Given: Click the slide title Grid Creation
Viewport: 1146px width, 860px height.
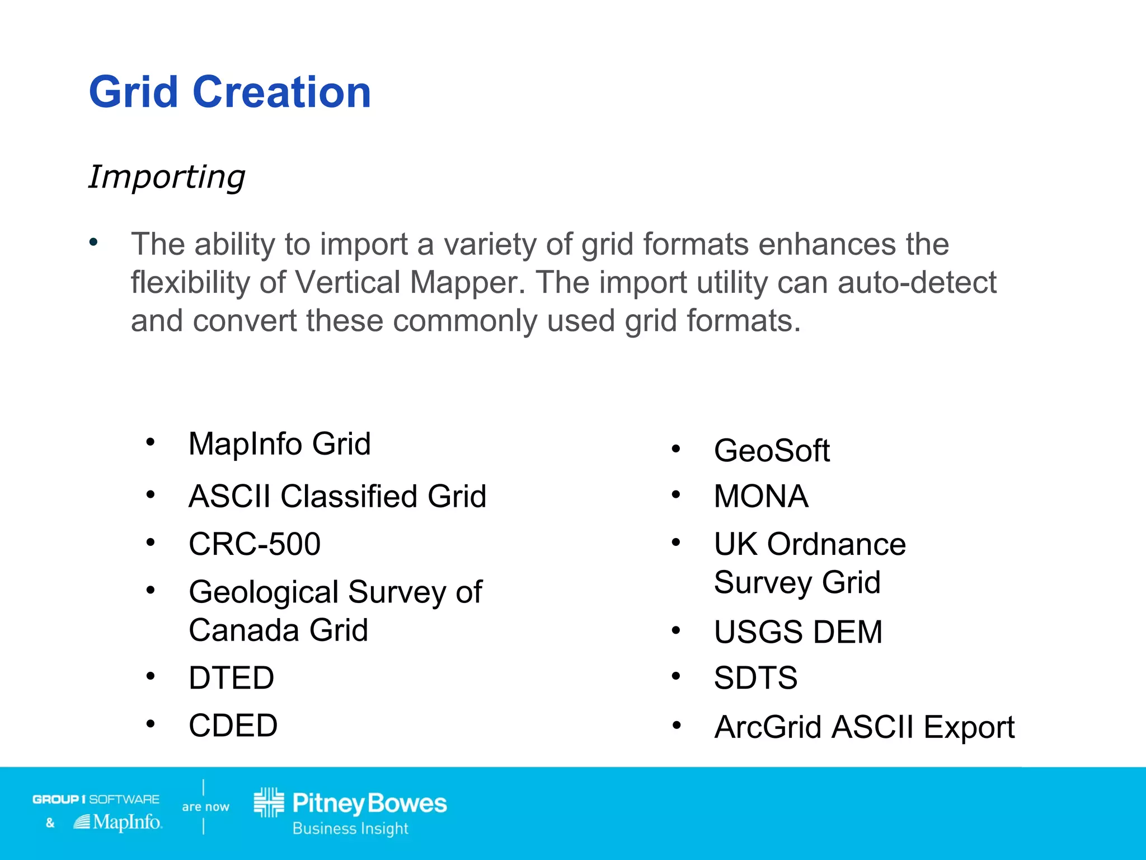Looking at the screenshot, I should [x=229, y=92].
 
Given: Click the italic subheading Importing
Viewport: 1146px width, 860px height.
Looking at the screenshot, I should [x=167, y=177].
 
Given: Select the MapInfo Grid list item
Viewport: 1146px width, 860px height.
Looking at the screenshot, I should [x=279, y=444].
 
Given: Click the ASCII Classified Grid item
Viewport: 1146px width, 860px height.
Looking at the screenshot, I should [x=337, y=497].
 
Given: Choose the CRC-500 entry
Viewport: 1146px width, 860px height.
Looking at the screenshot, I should [x=255, y=544].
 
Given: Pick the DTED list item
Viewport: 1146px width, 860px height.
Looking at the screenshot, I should [x=231, y=678].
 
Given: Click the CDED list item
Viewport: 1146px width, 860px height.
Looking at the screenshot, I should [x=233, y=726].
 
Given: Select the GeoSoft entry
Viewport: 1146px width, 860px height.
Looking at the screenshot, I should [x=772, y=451].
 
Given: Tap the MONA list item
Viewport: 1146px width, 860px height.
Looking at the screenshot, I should [x=761, y=497].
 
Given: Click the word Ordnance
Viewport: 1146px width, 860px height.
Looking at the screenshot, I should [x=836, y=544].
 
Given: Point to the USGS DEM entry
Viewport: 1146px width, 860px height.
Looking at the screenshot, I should [x=798, y=632].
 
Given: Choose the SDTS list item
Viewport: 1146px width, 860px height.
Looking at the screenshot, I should [x=755, y=678].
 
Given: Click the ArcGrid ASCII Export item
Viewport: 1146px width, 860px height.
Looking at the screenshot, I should [x=864, y=727].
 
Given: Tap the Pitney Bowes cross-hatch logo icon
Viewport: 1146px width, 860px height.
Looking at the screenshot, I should [x=269, y=802].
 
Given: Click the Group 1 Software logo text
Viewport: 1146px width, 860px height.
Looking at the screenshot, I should [x=96, y=799].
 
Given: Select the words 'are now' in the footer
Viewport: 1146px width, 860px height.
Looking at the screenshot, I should [x=205, y=807].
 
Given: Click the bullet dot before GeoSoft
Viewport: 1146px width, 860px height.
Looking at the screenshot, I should [x=676, y=449].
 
